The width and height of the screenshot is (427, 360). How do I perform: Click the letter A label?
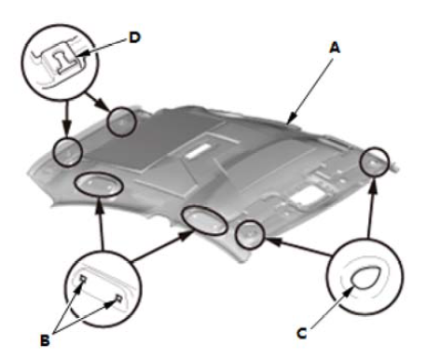(335, 48)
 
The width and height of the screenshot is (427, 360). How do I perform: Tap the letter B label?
(45, 340)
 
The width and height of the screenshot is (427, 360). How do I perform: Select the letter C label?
(302, 333)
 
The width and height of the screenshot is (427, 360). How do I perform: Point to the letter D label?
(134, 38)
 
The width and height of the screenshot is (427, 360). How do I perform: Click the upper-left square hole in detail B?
(83, 279)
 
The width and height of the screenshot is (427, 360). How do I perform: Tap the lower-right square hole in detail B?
(118, 298)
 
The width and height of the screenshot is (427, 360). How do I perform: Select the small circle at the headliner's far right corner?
(375, 161)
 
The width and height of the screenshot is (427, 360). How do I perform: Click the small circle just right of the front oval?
(250, 234)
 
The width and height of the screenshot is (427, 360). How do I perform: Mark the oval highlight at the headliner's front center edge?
(204, 220)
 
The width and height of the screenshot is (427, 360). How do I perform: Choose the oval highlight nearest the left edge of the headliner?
(99, 184)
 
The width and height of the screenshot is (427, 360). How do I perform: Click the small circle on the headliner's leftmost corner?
(68, 152)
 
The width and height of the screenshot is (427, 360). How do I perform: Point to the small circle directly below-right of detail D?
(121, 121)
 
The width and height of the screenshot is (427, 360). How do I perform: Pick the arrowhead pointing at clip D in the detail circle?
(81, 53)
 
